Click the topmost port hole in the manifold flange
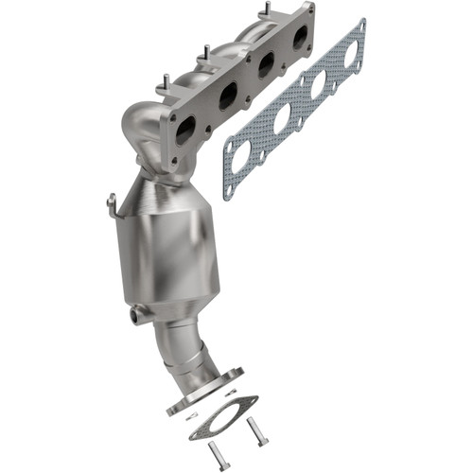coord(301,37)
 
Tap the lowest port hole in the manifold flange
coord(185,129)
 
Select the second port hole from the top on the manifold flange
coord(267,64)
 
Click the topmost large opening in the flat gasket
coord(351,55)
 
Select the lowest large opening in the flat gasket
coord(242,154)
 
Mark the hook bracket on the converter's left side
coord(113,203)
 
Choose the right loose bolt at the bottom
coord(258,434)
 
